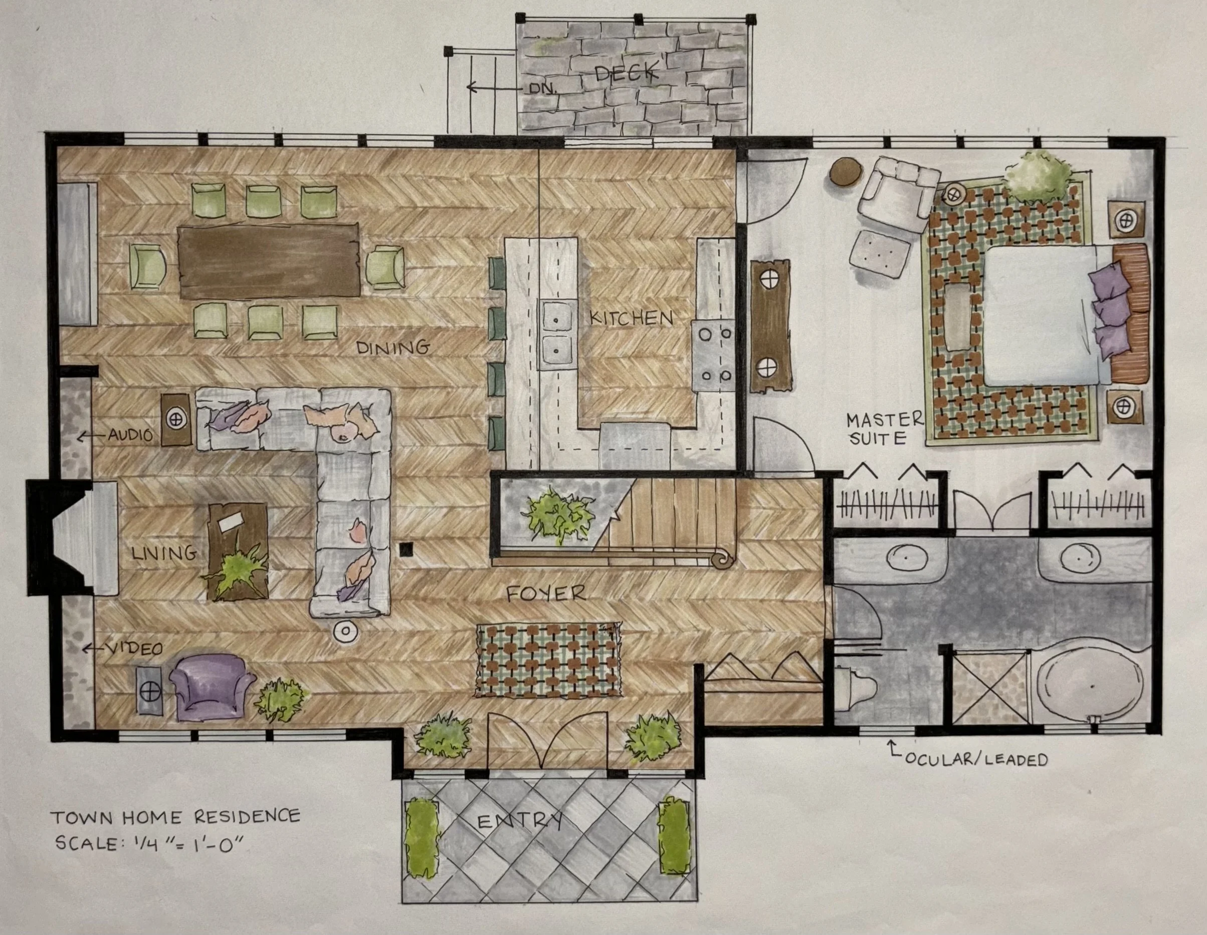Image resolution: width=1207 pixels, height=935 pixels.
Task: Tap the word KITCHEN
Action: coord(631,318)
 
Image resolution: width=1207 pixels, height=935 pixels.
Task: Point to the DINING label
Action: coord(393,348)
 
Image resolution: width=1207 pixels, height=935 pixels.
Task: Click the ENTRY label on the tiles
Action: coord(519,821)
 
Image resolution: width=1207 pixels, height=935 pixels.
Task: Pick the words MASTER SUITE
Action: coord(885,428)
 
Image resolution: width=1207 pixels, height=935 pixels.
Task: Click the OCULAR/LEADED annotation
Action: coord(975,759)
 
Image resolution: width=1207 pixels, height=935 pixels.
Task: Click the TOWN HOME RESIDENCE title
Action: coord(176,816)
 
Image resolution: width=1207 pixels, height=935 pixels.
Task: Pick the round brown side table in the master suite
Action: coord(846,173)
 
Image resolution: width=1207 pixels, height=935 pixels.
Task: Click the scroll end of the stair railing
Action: coord(722,559)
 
